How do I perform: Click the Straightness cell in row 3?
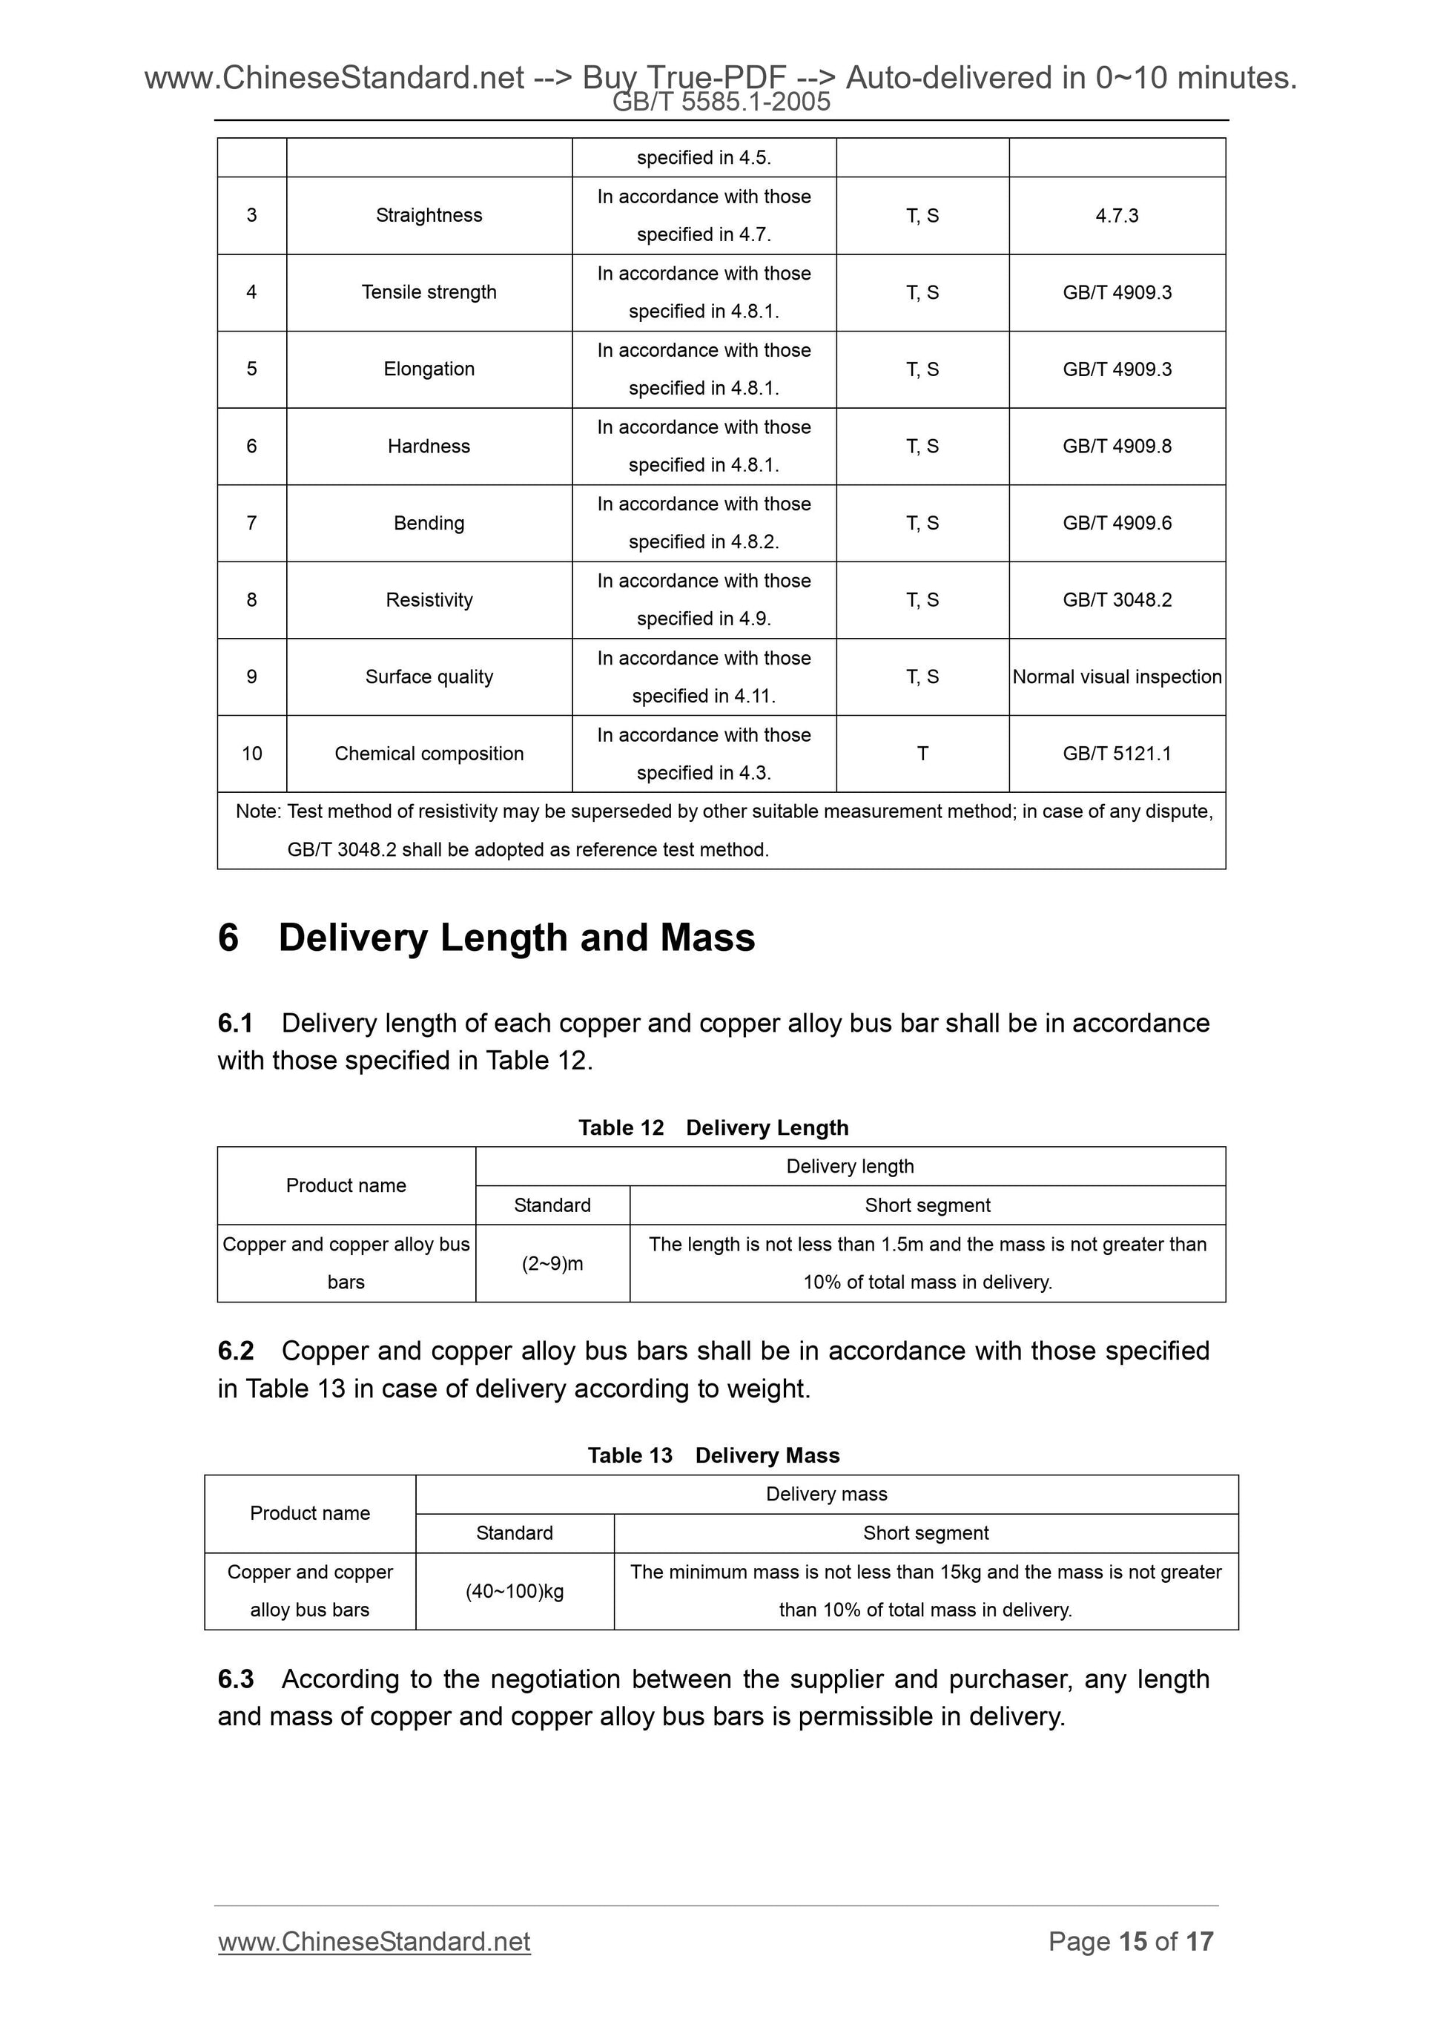[429, 215]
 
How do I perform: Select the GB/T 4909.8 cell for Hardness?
[1117, 447]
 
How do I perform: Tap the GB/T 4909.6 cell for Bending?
[1117, 523]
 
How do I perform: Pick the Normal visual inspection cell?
[1117, 676]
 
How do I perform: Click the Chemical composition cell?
[429, 754]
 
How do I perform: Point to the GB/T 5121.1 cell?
[1117, 754]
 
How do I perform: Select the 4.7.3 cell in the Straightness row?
[1117, 215]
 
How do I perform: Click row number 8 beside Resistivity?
[251, 600]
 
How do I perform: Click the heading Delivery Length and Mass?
[515, 938]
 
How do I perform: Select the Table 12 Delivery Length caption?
[713, 1127]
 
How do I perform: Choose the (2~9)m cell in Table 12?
[552, 1264]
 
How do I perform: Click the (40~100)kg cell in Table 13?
[514, 1591]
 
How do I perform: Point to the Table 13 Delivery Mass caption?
[713, 1455]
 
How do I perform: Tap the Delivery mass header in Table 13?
[826, 1494]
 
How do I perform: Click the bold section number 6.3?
[236, 1679]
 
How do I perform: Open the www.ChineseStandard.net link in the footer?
[374, 1942]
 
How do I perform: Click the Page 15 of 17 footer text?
[1130, 1942]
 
